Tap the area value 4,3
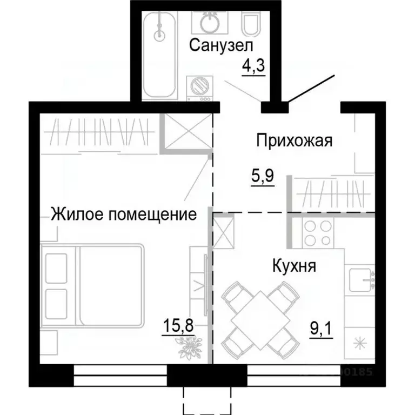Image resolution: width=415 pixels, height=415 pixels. pyautogui.click(x=253, y=68)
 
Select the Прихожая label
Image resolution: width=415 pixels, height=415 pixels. pyautogui.click(x=293, y=142)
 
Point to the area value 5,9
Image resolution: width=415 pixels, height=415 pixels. pyautogui.click(x=263, y=176)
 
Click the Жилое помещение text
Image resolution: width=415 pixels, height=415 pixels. pyautogui.click(x=123, y=215)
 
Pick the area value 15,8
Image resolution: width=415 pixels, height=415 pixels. pyautogui.click(x=178, y=326)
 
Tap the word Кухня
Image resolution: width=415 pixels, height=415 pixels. pyautogui.click(x=294, y=266)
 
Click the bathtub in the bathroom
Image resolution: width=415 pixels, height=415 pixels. pyautogui.click(x=159, y=54)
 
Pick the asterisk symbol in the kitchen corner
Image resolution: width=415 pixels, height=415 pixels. pyautogui.click(x=358, y=342)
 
